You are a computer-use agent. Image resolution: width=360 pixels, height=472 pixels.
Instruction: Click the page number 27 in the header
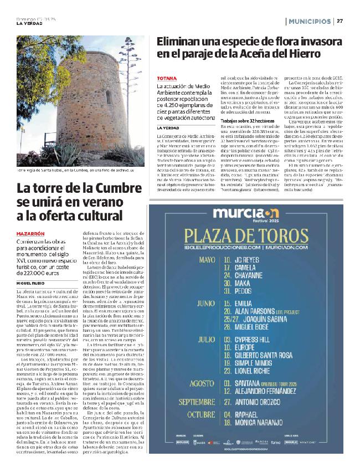[x=340, y=21]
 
